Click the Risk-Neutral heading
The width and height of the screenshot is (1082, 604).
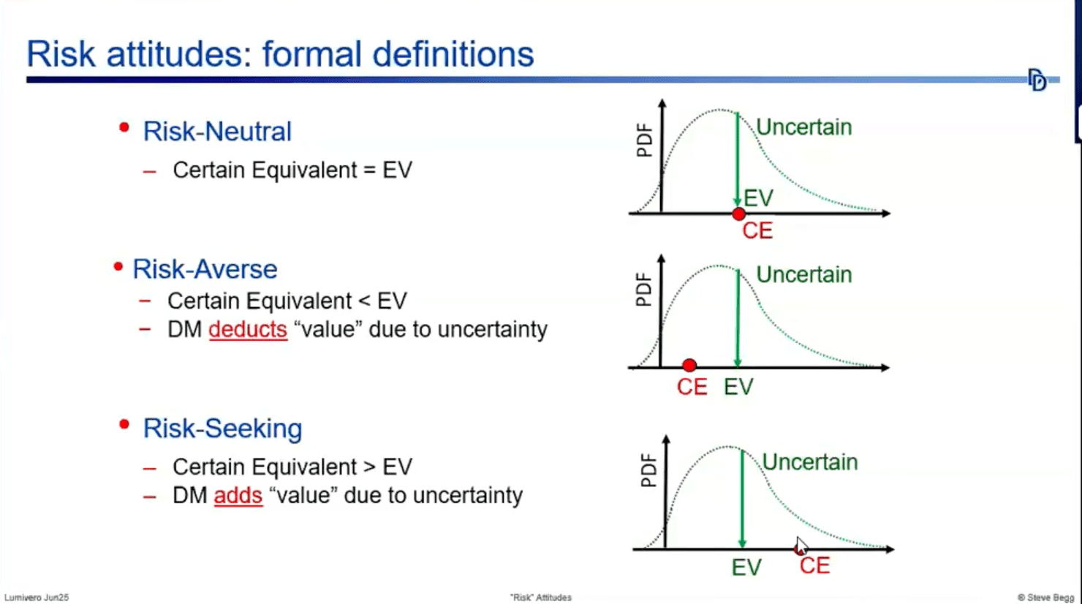(217, 132)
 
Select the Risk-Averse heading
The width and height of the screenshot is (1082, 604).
(205, 269)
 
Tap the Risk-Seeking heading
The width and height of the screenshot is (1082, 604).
(222, 429)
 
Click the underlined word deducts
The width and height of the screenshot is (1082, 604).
(248, 330)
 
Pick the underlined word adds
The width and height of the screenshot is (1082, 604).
(238, 496)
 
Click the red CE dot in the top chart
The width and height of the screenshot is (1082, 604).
(738, 214)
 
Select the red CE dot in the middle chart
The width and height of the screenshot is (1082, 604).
(689, 365)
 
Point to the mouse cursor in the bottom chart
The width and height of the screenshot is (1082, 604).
(801, 546)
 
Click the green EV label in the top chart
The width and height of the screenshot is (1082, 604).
(758, 197)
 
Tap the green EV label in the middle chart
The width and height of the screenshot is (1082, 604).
(738, 387)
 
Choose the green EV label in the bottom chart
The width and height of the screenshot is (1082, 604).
(746, 567)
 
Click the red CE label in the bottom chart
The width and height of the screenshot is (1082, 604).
(814, 566)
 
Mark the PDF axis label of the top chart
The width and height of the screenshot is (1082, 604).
(644, 141)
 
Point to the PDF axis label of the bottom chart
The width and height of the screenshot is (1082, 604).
(648, 471)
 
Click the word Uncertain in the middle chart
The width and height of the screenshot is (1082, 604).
(803, 275)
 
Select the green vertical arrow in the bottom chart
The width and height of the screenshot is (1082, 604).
(742, 497)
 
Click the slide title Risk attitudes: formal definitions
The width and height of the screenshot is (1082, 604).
(280, 54)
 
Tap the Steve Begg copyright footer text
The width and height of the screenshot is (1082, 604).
(1045, 597)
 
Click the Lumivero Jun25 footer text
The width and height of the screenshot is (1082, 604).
(37, 597)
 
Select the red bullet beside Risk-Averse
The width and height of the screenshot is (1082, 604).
(118, 267)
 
